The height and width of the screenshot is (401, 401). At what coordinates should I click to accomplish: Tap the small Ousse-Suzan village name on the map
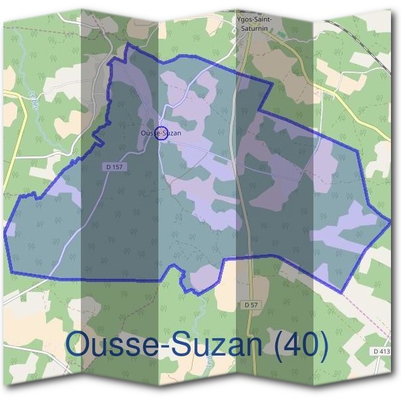point(161,133)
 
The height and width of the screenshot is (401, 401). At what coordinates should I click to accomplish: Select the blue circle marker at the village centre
point(161,132)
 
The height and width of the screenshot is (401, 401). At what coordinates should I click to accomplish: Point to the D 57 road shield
point(251,304)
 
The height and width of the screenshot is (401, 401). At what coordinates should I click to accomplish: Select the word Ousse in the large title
point(110,345)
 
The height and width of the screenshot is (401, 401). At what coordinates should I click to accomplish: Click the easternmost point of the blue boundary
point(390,220)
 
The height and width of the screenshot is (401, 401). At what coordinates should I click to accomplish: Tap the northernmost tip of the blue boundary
point(128,46)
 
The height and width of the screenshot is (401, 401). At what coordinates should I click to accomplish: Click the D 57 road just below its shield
point(252,321)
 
